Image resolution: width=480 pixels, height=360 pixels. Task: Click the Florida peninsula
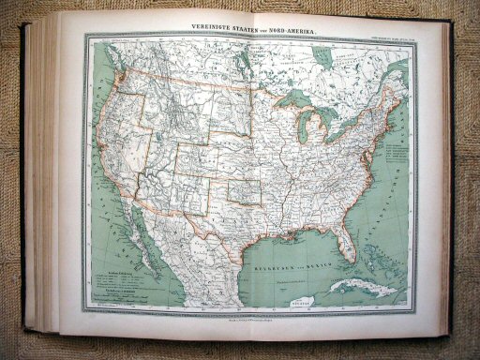point(348,238)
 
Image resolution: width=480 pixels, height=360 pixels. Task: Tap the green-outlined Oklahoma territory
point(246,191)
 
